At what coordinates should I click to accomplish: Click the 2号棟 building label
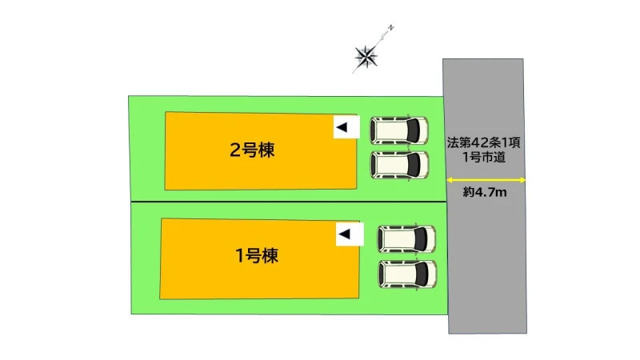(252, 150)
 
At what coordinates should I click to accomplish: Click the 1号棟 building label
(257, 255)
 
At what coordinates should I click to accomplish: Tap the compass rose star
(366, 56)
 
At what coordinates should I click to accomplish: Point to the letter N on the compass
(390, 28)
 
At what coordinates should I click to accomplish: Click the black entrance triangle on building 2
(342, 127)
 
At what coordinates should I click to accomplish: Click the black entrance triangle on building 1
(345, 234)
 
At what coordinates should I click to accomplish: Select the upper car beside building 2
(399, 130)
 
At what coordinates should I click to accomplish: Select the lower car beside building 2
(399, 165)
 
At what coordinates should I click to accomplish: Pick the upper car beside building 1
(406, 238)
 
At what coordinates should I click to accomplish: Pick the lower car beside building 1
(407, 274)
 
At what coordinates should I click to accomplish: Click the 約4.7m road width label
(485, 192)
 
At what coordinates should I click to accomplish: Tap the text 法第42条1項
(484, 142)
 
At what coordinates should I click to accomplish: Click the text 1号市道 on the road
(484, 157)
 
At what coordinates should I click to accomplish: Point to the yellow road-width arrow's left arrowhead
(450, 180)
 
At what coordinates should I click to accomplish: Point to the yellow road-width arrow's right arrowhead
(522, 180)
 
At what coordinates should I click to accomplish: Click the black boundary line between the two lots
(288, 202)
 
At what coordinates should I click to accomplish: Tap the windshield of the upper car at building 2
(413, 130)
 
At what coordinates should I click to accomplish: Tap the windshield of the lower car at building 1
(422, 274)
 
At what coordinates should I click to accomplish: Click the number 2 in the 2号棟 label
(235, 150)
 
